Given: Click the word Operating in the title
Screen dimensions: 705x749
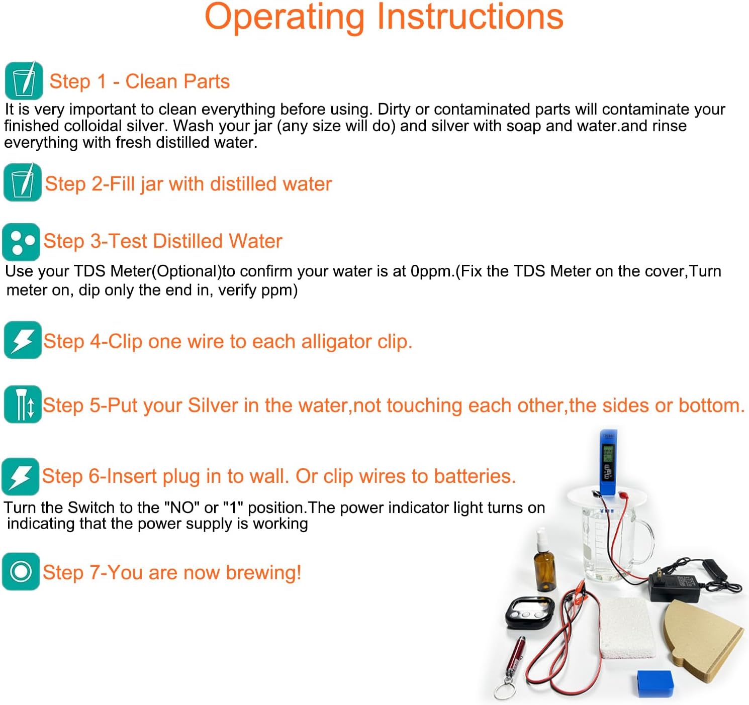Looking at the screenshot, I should pos(285,18).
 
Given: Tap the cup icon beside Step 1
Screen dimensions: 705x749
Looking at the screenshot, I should pos(24,81).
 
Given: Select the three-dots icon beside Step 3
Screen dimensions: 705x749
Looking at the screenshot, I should pos(21,242).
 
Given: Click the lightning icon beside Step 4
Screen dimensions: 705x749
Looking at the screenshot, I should pos(23,340).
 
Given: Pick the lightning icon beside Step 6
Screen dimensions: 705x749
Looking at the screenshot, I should pos(21,476).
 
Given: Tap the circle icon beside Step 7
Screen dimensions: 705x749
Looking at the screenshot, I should pos(21,571).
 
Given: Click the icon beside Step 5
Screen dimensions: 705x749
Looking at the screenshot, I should pos(23,405).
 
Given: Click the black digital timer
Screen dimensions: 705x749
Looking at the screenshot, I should pos(529,612).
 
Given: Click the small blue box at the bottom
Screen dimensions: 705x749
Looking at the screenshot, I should pos(655,683).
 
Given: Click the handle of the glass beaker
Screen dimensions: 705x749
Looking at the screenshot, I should pos(646,543).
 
